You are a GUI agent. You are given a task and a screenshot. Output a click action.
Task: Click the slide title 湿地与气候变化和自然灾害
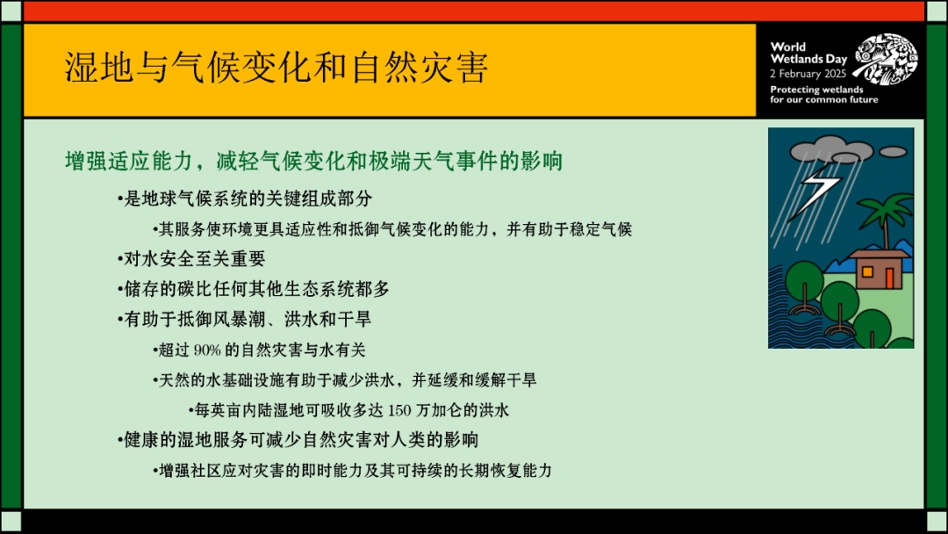pyautogui.click(x=276, y=67)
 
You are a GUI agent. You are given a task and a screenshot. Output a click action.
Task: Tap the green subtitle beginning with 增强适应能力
pyautogui.click(x=313, y=162)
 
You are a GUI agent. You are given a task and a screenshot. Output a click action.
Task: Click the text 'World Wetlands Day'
pyautogui.click(x=808, y=53)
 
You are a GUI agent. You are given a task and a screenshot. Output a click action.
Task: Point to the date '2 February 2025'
pyautogui.click(x=808, y=74)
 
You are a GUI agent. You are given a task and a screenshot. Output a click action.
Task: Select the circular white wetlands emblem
pyautogui.click(x=886, y=58)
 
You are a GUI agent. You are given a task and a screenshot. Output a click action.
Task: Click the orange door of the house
pyautogui.click(x=890, y=278)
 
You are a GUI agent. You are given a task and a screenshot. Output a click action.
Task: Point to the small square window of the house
pyautogui.click(x=867, y=272)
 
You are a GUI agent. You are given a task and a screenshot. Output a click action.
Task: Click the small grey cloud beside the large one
pyautogui.click(x=893, y=152)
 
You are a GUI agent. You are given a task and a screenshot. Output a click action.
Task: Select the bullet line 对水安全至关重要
pyautogui.click(x=191, y=259)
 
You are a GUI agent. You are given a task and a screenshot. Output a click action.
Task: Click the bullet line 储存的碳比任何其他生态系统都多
pyautogui.click(x=254, y=289)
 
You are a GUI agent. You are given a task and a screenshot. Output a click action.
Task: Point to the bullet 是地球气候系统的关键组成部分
pyautogui.click(x=245, y=198)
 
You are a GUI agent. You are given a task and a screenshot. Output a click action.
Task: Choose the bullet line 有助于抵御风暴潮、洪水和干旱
pyautogui.click(x=244, y=320)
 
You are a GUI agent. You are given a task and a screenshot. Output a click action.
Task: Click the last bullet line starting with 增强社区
pyautogui.click(x=353, y=471)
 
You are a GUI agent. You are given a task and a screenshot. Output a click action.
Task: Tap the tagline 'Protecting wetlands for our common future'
pyautogui.click(x=823, y=94)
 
